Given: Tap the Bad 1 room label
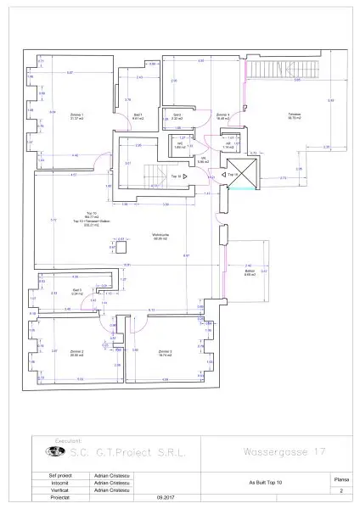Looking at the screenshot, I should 138,116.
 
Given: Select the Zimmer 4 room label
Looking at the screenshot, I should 222,115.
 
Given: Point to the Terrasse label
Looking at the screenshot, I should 294,115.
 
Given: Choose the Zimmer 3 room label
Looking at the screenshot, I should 164,353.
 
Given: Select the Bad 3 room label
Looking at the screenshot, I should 76,291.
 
